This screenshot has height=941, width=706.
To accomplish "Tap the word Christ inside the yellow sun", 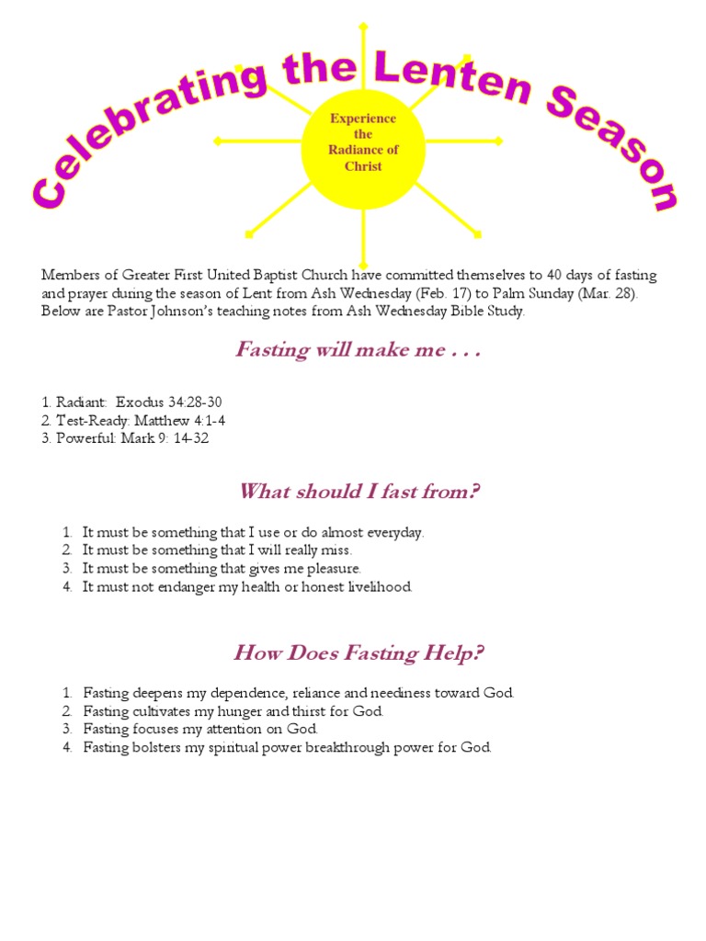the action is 363,166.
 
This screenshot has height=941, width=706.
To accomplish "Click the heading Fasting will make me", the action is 358,349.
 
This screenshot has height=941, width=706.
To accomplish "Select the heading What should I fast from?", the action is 359,492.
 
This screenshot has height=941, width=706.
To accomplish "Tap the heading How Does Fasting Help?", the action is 359,653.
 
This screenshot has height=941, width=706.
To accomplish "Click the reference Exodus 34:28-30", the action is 169,402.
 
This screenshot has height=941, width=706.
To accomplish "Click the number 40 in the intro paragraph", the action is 554,275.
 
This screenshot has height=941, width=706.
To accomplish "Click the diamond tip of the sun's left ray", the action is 217,141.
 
